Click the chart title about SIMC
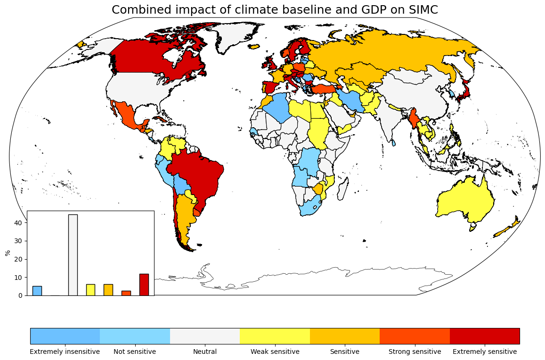[275, 10]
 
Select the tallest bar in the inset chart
[73, 254]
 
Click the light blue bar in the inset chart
[37, 291]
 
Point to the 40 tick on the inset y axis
[19, 222]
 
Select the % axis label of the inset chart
[8, 253]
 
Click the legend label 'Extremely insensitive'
[65, 352]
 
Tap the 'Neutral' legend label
[205, 352]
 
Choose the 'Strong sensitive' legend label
[415, 352]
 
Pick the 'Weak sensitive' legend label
[275, 352]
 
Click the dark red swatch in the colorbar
[484, 336]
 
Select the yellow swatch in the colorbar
[275, 336]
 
